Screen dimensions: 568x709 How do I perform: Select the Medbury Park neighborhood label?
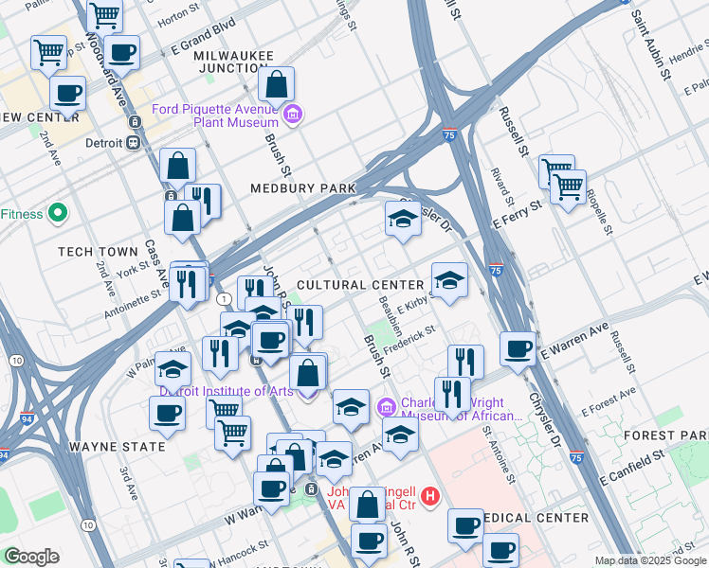(302, 188)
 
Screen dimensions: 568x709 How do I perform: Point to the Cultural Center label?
(360, 285)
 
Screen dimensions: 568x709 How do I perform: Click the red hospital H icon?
(430, 495)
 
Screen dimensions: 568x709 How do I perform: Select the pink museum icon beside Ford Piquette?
(293, 115)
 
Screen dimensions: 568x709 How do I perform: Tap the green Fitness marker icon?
(57, 214)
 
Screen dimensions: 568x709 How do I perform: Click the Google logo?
(31, 557)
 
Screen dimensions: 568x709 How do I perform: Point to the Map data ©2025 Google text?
(649, 560)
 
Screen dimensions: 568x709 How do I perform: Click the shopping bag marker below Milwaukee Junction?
(276, 85)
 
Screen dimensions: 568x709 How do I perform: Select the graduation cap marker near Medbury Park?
(403, 220)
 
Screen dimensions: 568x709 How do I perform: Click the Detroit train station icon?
(133, 143)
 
